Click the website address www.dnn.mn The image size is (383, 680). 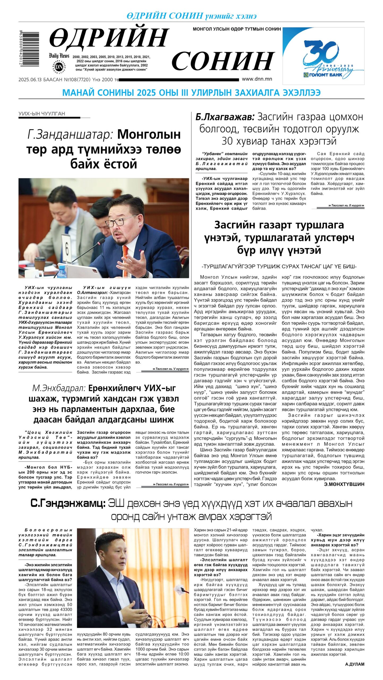point(257,79)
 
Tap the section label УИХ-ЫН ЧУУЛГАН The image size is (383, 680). point(42,114)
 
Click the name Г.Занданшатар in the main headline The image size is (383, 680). point(71,134)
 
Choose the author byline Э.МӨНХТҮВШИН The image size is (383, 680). point(344,484)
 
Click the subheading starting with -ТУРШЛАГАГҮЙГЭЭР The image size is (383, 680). point(279,266)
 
